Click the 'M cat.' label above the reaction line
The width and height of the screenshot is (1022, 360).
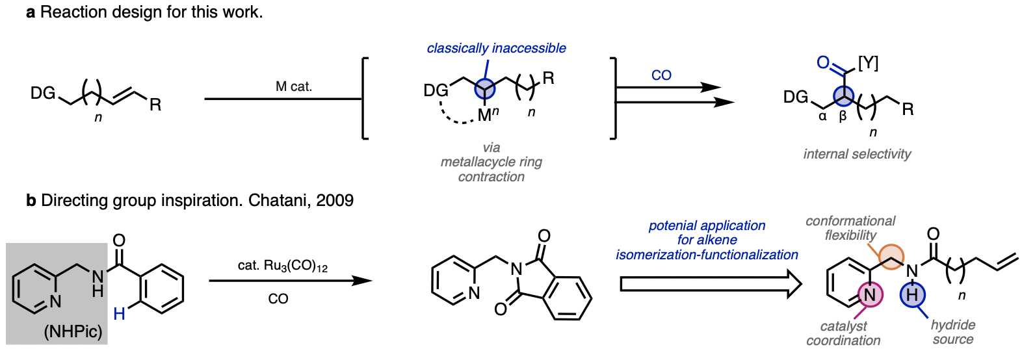[293, 86]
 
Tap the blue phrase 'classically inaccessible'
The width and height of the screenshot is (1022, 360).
[496, 48]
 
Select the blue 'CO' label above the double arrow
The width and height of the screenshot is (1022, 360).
[661, 75]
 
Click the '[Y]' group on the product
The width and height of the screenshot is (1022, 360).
[868, 63]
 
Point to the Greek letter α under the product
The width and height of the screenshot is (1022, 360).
[822, 116]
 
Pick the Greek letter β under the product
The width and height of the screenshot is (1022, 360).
[843, 117]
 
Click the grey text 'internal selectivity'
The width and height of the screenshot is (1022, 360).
[857, 154]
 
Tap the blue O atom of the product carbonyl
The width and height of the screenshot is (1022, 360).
[823, 62]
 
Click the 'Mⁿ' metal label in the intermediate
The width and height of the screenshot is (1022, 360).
[488, 115]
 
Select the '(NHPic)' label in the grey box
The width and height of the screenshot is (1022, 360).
[73, 331]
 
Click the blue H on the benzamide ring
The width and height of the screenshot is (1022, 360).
[119, 315]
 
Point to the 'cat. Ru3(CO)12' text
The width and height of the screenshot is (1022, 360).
[282, 266]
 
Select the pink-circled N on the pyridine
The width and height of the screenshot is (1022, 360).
[869, 294]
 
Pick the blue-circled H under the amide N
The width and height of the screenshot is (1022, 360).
[912, 294]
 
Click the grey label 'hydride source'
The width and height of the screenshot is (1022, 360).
[952, 331]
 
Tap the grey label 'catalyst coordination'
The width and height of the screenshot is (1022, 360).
[843, 333]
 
